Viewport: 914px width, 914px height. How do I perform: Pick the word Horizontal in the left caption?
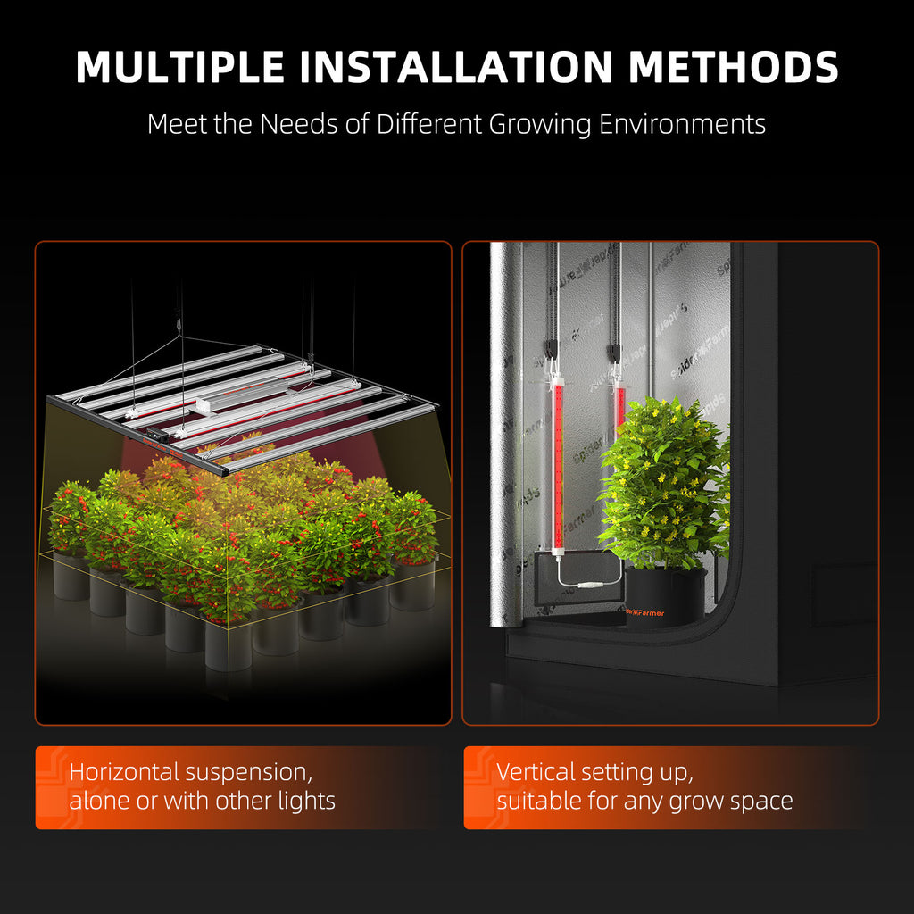click(x=122, y=771)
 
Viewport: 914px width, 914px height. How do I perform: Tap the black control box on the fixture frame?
click(x=156, y=437)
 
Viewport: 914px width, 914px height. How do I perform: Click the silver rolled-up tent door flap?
click(x=505, y=428)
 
